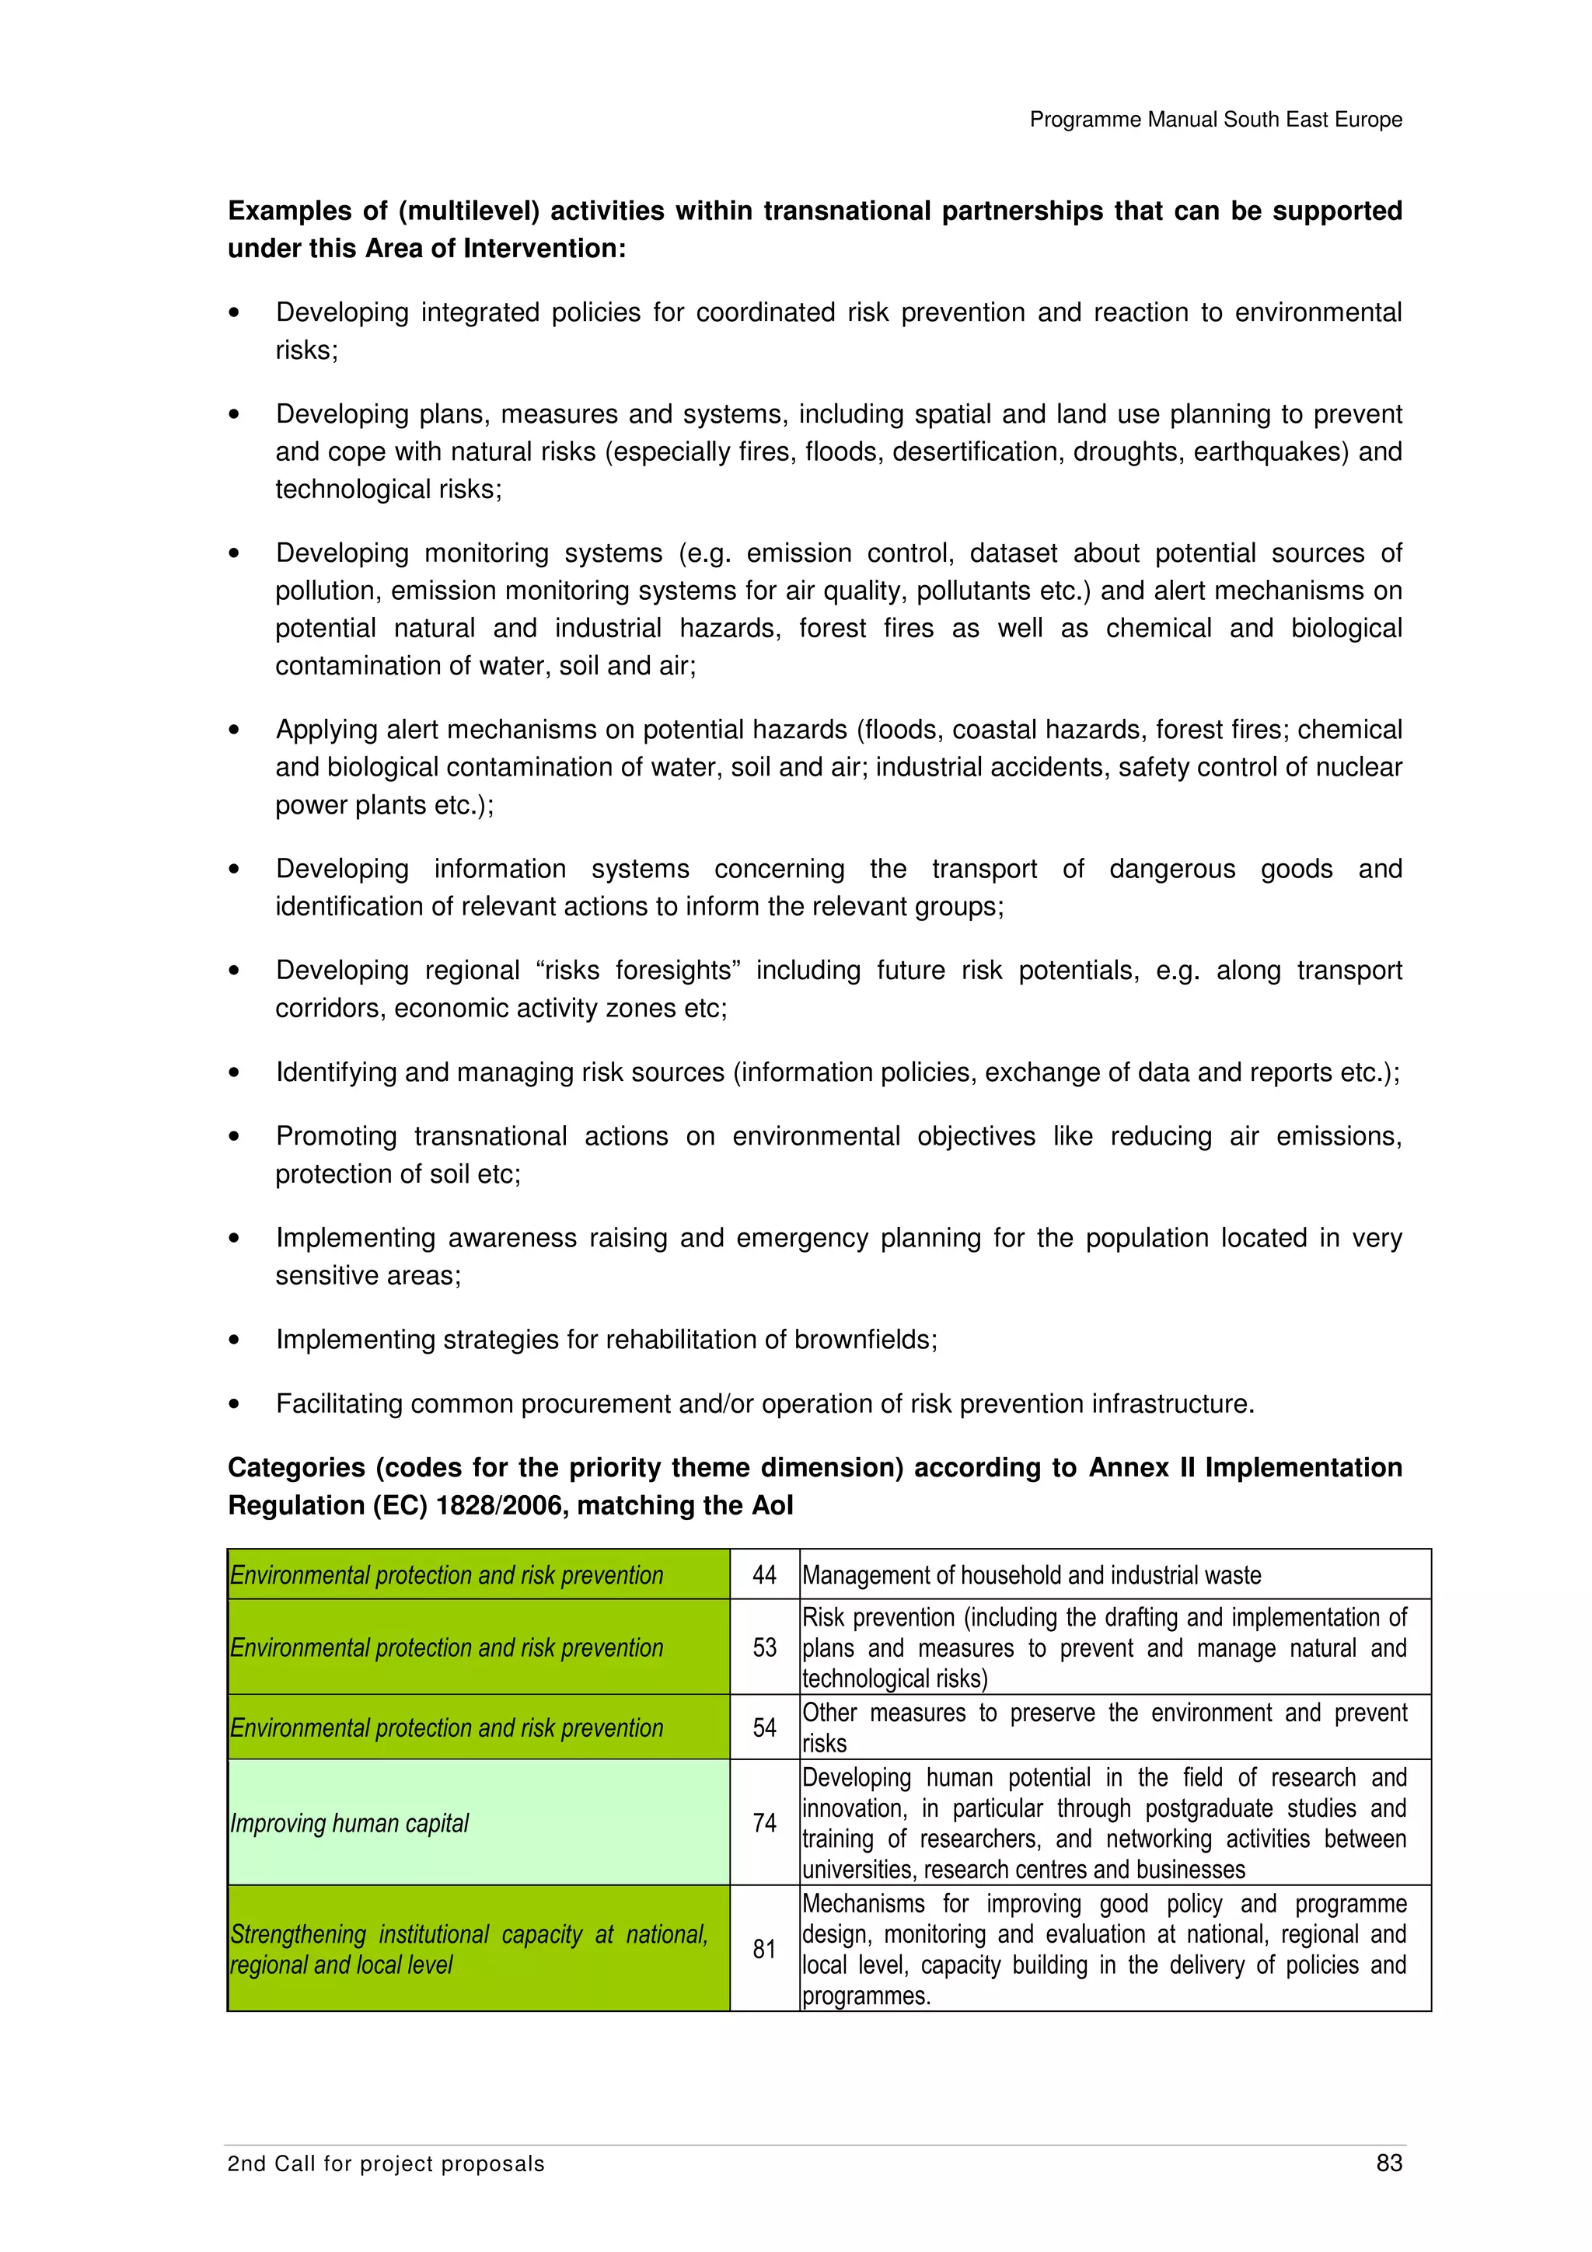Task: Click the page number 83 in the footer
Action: [1388, 2163]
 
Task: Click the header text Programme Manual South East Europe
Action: [1215, 120]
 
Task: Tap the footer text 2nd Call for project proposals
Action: [386, 2163]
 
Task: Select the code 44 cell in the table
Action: [764, 1575]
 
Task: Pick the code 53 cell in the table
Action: [764, 1647]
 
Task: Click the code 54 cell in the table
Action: [764, 1727]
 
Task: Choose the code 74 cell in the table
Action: [764, 1822]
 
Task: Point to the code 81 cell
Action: [764, 1949]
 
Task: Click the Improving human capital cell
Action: [349, 1823]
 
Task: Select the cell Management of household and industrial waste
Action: [1031, 1575]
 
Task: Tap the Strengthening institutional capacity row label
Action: [468, 1949]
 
